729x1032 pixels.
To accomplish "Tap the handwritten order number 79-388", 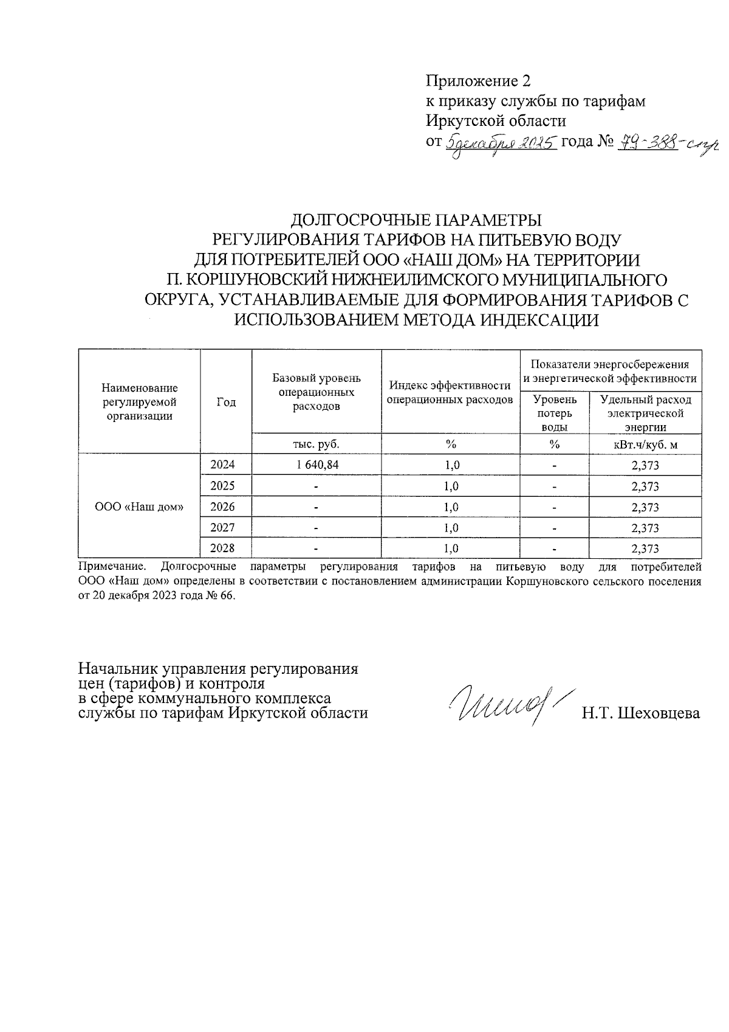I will coord(647,144).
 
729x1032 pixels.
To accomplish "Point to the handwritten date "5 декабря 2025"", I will coord(501,144).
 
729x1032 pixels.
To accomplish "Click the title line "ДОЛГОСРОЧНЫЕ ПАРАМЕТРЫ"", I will coord(416,219).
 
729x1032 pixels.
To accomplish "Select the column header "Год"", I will coord(226,402).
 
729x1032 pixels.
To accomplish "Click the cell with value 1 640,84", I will coord(317,465).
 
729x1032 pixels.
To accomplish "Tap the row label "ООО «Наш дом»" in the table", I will coord(140,507).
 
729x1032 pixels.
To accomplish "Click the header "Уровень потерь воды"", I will coord(553,413).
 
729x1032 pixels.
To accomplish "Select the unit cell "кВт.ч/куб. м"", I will coord(645,445).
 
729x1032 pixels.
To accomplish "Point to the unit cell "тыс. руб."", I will coord(317,445).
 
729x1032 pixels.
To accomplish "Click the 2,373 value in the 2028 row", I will coord(645,549).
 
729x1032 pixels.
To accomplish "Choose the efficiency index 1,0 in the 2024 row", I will coord(451,465).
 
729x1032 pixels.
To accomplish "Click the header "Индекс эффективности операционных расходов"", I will coord(450,392).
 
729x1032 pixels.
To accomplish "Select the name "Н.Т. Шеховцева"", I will coord(640,713).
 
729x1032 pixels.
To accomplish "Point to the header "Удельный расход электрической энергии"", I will coord(645,413).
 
